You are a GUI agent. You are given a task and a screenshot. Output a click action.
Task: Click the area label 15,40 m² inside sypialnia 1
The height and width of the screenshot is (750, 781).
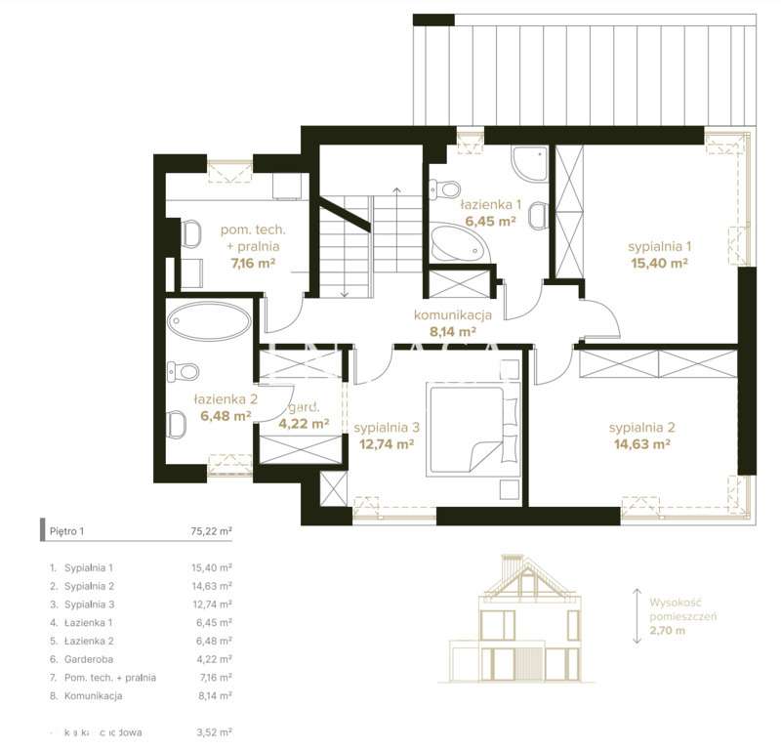pyautogui.click(x=660, y=263)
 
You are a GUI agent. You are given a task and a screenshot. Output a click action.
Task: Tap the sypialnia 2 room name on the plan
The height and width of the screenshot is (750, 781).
pyautogui.click(x=641, y=428)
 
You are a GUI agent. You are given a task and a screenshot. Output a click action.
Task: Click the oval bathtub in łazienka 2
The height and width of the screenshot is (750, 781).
pyautogui.click(x=208, y=321)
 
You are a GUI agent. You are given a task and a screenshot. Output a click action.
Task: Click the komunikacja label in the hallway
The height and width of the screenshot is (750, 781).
pyautogui.click(x=451, y=314)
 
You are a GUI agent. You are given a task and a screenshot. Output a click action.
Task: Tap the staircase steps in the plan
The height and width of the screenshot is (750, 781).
pyautogui.click(x=395, y=244)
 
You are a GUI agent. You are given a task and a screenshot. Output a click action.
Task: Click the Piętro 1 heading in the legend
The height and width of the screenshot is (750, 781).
pyautogui.click(x=67, y=531)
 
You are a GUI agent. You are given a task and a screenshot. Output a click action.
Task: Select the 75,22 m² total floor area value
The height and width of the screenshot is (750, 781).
pyautogui.click(x=211, y=531)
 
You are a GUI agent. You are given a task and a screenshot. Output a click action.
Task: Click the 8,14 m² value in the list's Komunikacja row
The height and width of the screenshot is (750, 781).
pyautogui.click(x=212, y=696)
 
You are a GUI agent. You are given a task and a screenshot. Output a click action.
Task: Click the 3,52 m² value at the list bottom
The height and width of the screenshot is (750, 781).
pyautogui.click(x=212, y=730)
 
